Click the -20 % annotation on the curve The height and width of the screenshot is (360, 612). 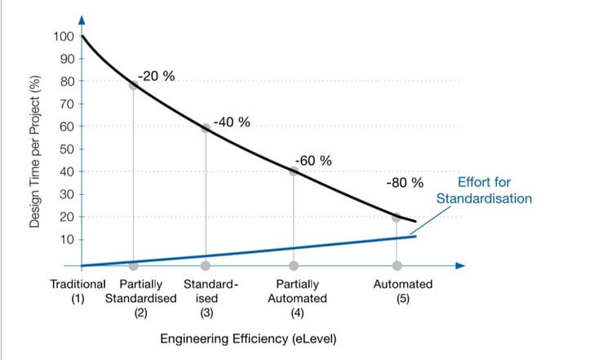coord(155,77)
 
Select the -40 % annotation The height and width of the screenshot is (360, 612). coord(232,122)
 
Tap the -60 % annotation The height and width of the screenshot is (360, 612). coord(313,160)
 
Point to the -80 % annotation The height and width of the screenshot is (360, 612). coord(405,182)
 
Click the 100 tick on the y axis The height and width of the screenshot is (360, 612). coord(63,36)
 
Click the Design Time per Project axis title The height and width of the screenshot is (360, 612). coord(34,151)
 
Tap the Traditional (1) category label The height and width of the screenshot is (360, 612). coord(78,291)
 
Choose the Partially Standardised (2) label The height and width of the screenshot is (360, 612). coord(140,298)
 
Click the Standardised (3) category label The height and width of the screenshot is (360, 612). coord(210,298)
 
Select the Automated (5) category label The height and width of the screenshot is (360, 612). coord(402,291)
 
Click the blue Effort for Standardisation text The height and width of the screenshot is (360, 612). coord(484,191)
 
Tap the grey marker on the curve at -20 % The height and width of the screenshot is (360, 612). coord(134,85)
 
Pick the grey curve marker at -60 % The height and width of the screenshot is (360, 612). coord(294,171)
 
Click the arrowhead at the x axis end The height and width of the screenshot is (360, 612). coord(460,266)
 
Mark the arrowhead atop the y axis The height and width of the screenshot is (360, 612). coord(82,18)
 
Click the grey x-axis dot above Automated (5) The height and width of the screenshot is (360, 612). coord(397,266)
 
